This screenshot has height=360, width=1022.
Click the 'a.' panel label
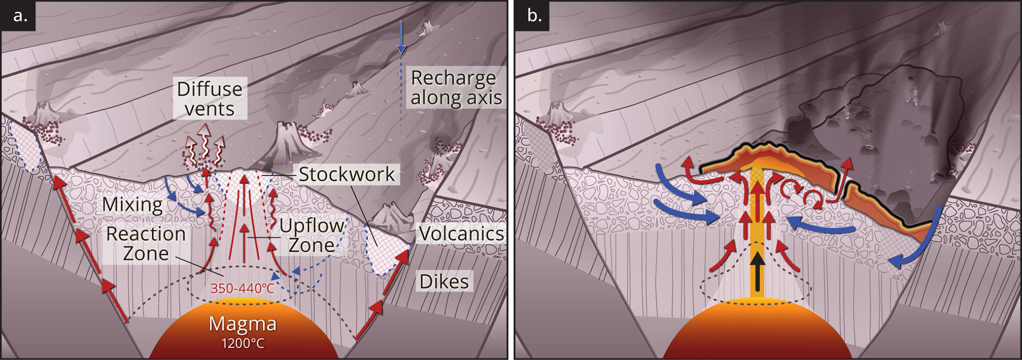click(x=20, y=16)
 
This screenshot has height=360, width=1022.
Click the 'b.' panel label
click(x=534, y=16)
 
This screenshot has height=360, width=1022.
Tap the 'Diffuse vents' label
click(x=210, y=99)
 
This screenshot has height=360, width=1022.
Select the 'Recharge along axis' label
click(x=456, y=88)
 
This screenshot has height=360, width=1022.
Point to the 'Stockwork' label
click(x=347, y=174)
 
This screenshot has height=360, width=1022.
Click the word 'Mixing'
click(x=133, y=204)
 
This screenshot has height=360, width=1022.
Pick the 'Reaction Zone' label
click(x=145, y=243)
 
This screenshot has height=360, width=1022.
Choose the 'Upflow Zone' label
click(x=312, y=235)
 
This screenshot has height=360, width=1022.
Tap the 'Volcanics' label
click(x=461, y=233)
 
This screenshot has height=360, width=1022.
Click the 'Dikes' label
click(x=444, y=281)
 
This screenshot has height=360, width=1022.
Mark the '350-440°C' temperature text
click(x=243, y=289)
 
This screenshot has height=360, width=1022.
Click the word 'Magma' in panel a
click(x=243, y=324)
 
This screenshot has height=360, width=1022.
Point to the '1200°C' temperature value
click(x=243, y=343)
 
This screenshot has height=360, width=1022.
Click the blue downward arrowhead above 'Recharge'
click(x=401, y=50)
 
